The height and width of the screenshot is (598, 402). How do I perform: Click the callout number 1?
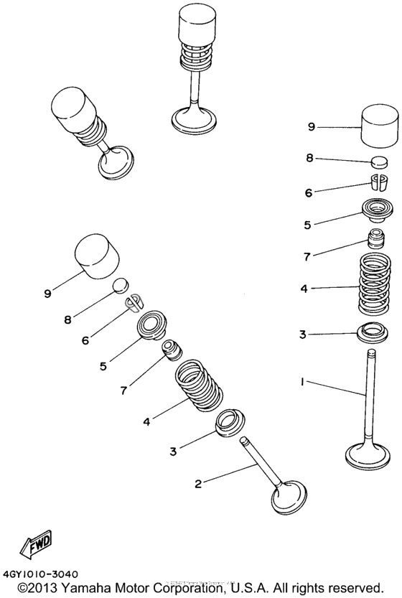(x=303, y=383)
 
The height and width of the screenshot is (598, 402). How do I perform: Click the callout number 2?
(x=199, y=483)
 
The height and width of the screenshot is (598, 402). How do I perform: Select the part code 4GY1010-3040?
(x=41, y=574)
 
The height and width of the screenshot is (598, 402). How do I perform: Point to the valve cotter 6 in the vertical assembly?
(x=379, y=182)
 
